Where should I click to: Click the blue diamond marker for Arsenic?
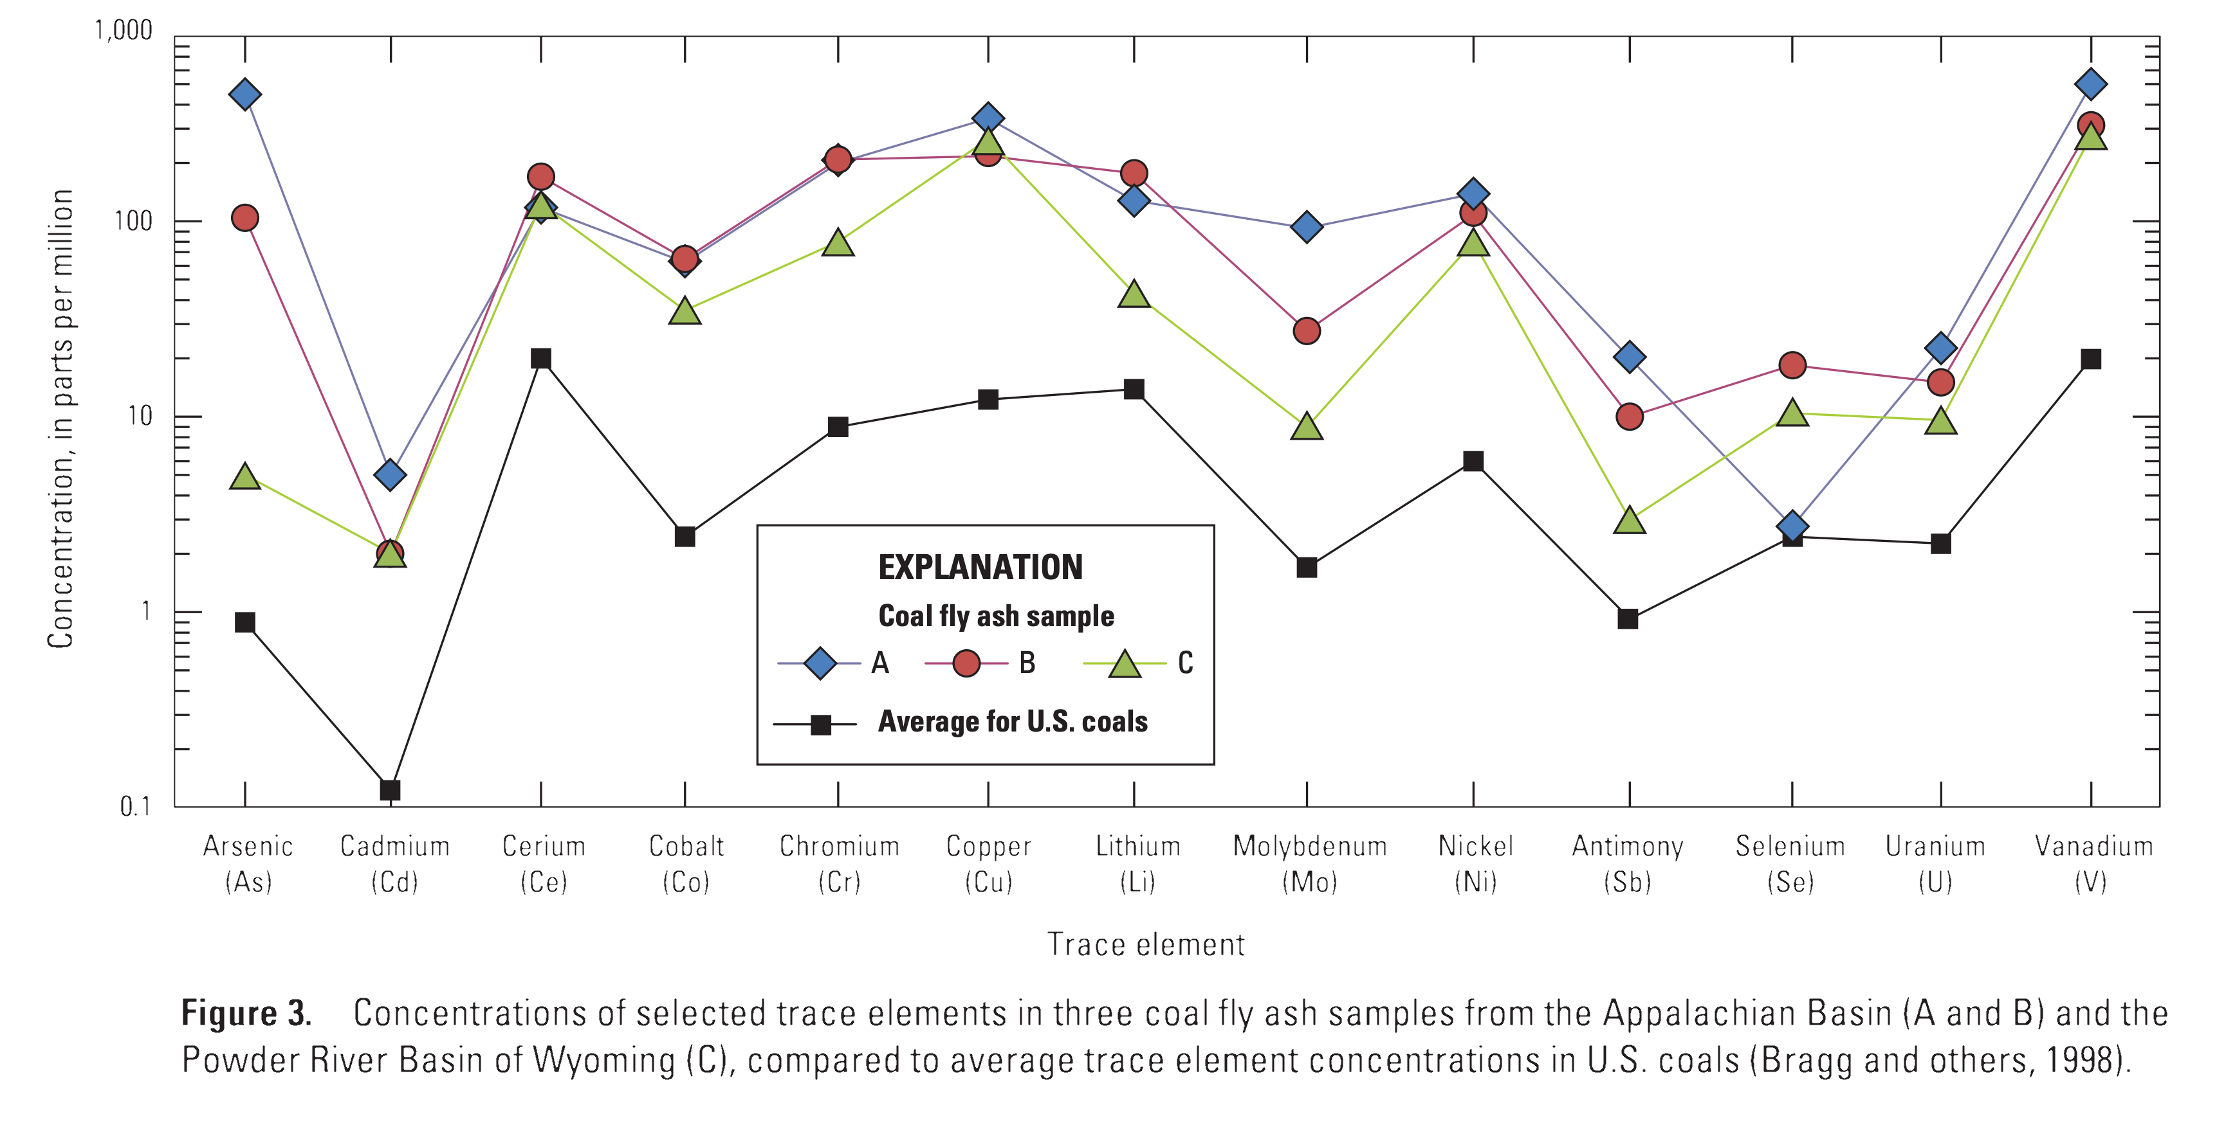click(245, 94)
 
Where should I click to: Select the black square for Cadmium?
click(390, 789)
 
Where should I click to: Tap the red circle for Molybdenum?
click(1307, 331)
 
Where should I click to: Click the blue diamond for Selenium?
click(1792, 526)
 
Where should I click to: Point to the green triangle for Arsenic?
click(245, 476)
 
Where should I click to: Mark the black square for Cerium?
click(540, 359)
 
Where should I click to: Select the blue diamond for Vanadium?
click(2090, 84)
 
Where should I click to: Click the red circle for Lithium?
click(1134, 174)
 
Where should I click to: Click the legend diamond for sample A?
click(820, 663)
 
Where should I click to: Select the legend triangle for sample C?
click(1125, 664)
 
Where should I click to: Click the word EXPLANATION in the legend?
click(980, 568)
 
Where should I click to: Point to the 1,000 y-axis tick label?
click(123, 31)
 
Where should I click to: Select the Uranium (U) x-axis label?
click(1936, 863)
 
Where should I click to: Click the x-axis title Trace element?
click(1146, 944)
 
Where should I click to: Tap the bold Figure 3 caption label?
click(246, 1013)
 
